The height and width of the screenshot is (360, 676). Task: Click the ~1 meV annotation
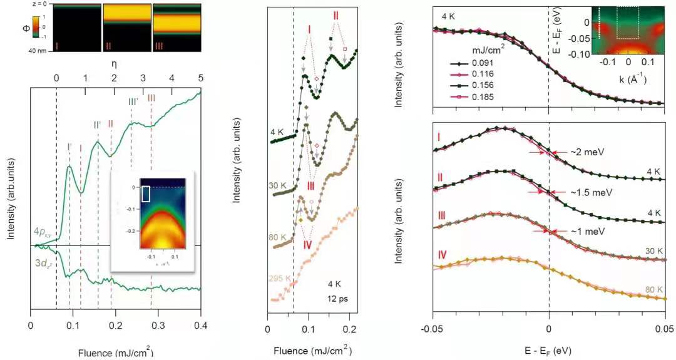pos(586,231)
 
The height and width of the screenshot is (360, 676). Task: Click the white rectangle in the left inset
pos(146,193)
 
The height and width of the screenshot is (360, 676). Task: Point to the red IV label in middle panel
pos(307,244)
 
